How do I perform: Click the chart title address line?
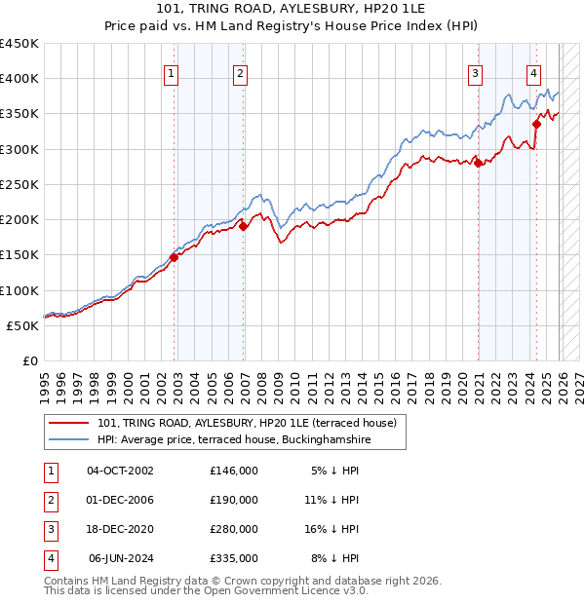[x=292, y=9]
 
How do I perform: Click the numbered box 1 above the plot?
[x=171, y=72]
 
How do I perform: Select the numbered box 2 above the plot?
[x=240, y=72]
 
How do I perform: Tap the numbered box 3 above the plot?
[x=475, y=72]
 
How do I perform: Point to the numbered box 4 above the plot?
[x=534, y=72]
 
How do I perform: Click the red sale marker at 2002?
[x=175, y=257]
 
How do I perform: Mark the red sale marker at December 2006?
[x=244, y=226]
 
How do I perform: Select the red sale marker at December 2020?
[x=479, y=163]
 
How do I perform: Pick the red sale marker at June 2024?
[x=537, y=124]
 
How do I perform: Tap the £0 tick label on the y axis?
[x=30, y=360]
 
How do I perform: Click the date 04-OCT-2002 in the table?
[x=120, y=471]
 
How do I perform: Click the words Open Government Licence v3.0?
[x=292, y=590]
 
